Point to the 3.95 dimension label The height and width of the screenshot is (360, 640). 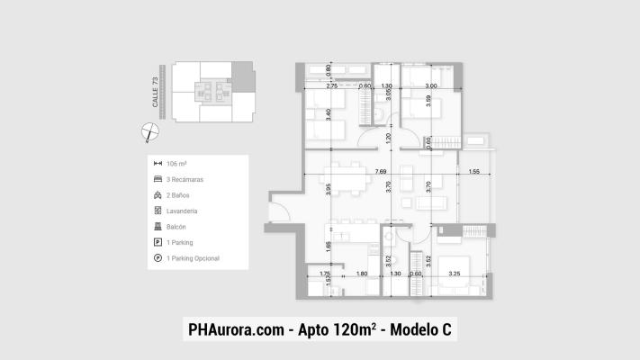pyautogui.click(x=329, y=189)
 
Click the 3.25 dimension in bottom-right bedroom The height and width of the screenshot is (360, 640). pyautogui.click(x=455, y=273)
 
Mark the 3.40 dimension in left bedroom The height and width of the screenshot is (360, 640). pyautogui.click(x=329, y=115)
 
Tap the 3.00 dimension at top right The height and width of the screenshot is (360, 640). pyautogui.click(x=431, y=85)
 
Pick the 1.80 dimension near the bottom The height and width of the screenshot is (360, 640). pyautogui.click(x=362, y=273)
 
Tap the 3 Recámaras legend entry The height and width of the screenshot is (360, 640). pyautogui.click(x=186, y=179)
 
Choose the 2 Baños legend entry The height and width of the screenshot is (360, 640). pyautogui.click(x=180, y=195)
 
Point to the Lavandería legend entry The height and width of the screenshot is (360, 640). pyautogui.click(x=183, y=211)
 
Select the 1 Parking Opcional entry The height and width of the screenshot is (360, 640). pyautogui.click(x=194, y=258)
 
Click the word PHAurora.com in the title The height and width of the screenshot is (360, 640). pyautogui.click(x=233, y=329)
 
